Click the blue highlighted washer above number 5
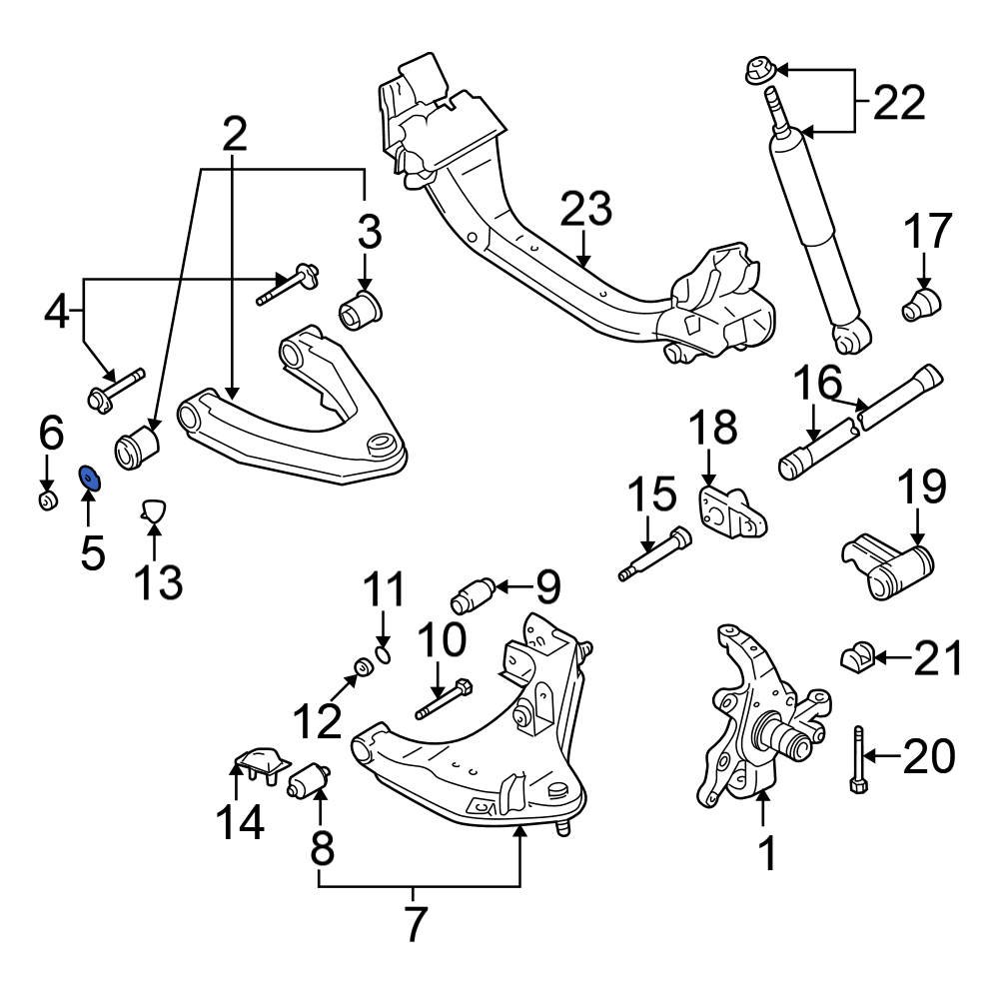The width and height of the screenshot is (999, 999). (89, 479)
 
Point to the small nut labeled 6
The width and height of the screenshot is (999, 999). (47, 499)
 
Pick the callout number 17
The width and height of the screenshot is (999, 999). (928, 233)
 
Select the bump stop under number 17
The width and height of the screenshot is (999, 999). (923, 304)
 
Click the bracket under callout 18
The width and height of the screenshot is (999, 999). (731, 512)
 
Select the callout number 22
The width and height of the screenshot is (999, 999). (900, 102)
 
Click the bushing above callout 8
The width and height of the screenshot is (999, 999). (311, 778)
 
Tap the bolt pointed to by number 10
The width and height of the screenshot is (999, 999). (445, 698)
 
